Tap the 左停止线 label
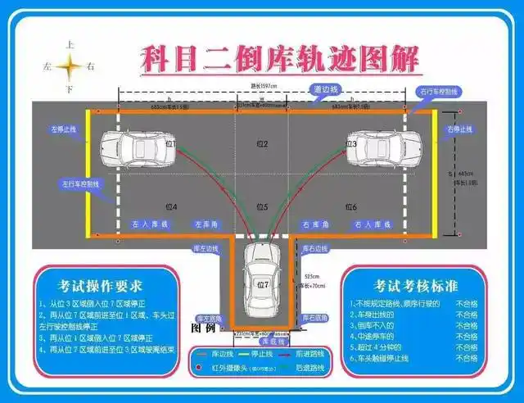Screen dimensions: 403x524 [x=63, y=129]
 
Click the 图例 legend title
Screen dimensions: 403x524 [x=202, y=328]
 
